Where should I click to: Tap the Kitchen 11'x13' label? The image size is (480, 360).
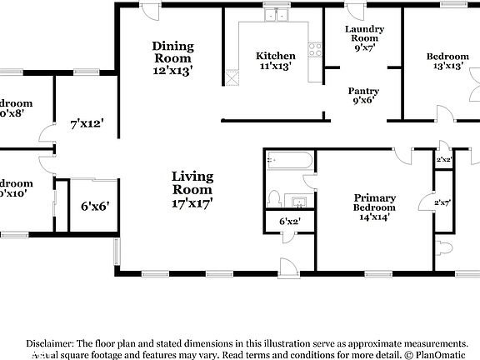[274, 62]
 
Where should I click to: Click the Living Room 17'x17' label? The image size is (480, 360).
[192, 188]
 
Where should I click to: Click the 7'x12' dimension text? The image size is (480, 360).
[86, 124]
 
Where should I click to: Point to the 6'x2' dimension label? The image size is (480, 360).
[289, 222]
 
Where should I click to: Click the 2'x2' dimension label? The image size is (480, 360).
[445, 159]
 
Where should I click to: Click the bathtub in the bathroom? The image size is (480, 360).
[288, 160]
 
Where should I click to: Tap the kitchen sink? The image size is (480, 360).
[275, 15]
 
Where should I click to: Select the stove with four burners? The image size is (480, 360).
[315, 49]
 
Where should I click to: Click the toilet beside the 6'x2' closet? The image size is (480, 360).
[272, 198]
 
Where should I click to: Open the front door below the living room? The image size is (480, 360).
[288, 266]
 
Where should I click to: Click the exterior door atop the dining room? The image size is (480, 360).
[151, 11]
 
